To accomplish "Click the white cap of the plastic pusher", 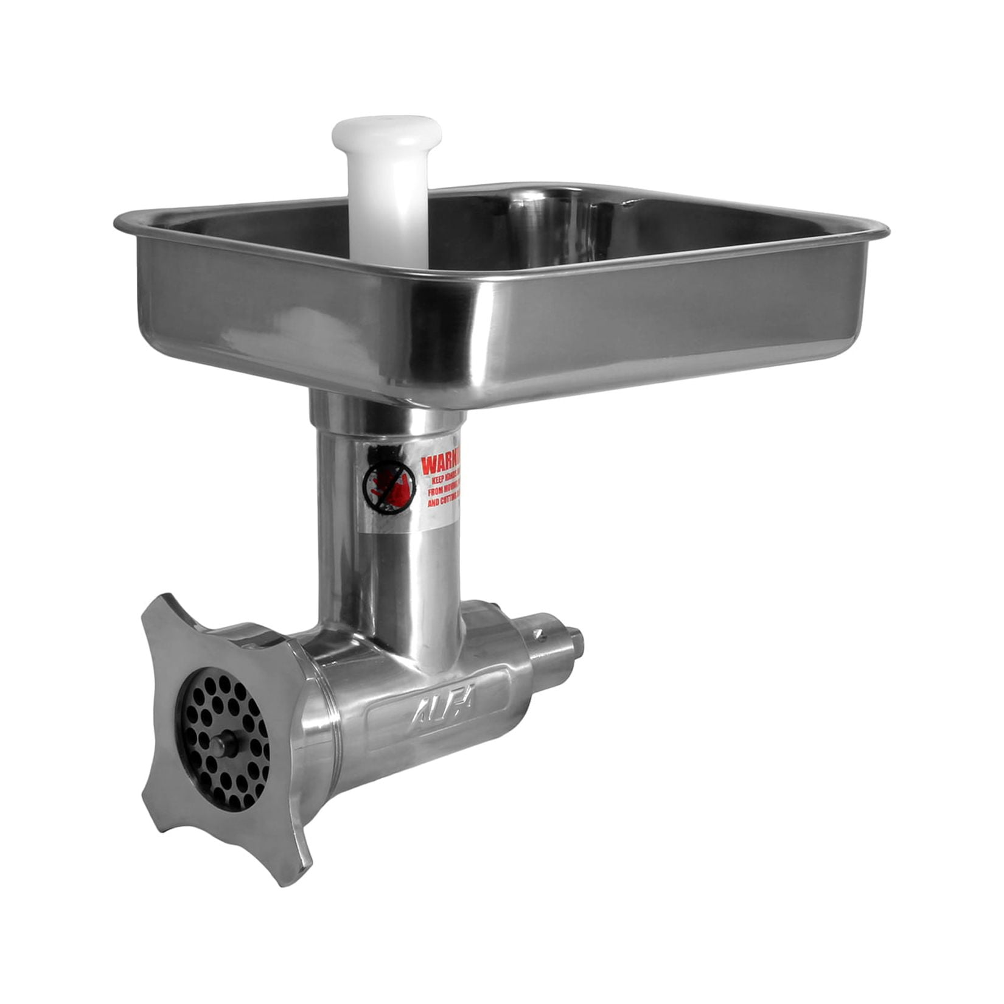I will (x=386, y=130).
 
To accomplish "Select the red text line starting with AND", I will (x=443, y=503).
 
